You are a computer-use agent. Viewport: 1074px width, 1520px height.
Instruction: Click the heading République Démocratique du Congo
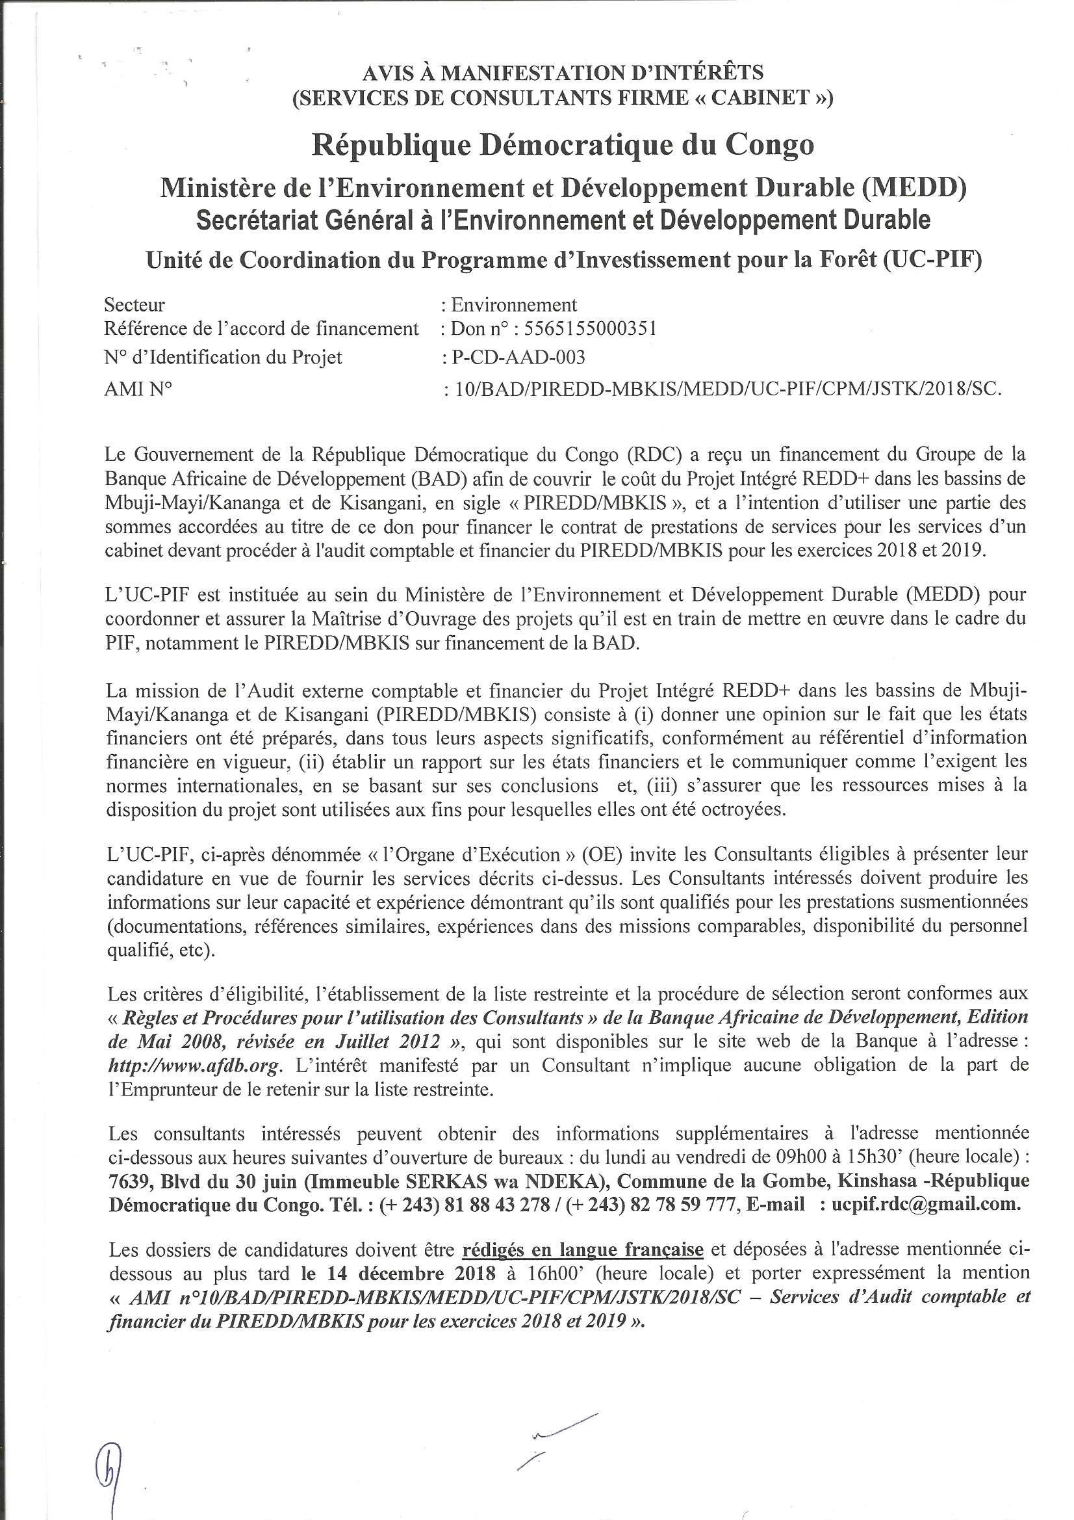[x=563, y=145]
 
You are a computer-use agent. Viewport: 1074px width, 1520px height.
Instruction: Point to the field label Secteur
[x=134, y=305]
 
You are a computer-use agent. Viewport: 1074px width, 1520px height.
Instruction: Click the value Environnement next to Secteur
[x=513, y=305]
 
